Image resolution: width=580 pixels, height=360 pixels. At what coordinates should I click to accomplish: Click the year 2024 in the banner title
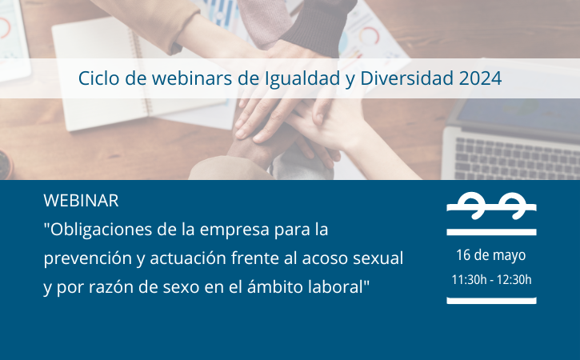480,78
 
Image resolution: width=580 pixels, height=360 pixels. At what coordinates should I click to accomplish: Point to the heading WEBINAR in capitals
81,201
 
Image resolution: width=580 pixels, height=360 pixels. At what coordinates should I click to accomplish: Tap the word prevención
88,258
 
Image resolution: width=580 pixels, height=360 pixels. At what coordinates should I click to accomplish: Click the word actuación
188,258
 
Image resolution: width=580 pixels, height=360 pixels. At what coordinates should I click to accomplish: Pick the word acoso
325,258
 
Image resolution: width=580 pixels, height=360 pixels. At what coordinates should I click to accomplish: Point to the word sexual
378,258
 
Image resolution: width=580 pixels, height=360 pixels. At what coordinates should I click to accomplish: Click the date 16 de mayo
491,255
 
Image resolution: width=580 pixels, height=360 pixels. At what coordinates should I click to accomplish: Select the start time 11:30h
469,280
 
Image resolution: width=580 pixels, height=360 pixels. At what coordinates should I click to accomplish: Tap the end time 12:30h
514,280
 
